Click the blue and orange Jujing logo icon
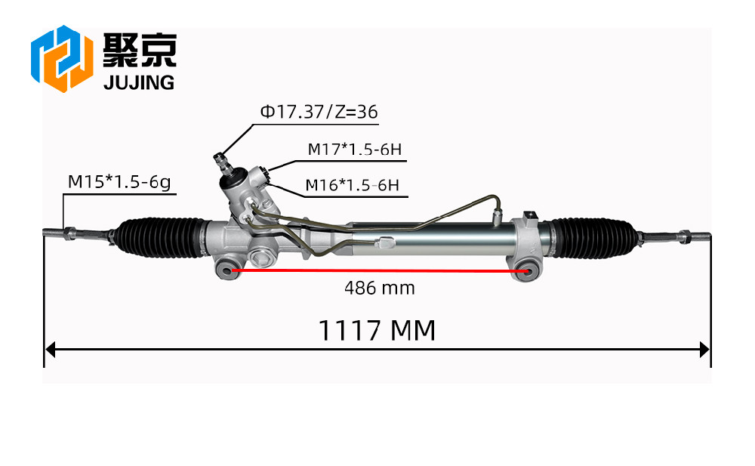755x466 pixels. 62,58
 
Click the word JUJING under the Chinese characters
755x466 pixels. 139,83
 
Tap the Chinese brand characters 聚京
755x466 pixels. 140,50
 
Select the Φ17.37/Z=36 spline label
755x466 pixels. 319,112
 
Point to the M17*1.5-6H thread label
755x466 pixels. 354,150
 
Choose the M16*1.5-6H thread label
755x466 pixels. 353,185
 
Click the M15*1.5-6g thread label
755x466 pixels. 119,182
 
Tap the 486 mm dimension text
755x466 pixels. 380,289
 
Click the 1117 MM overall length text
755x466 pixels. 377,331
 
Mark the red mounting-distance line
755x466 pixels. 381,271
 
